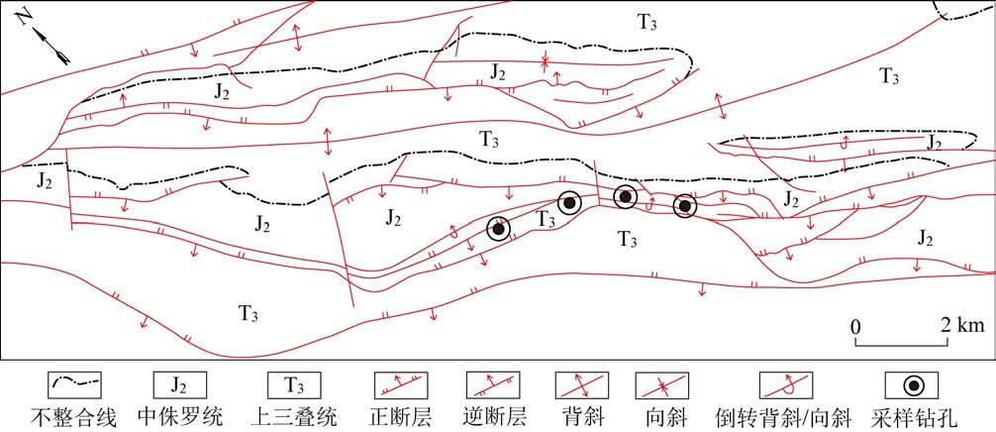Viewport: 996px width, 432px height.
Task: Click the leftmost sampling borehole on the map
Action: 499,229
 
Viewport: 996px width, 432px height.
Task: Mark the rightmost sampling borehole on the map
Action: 684,206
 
